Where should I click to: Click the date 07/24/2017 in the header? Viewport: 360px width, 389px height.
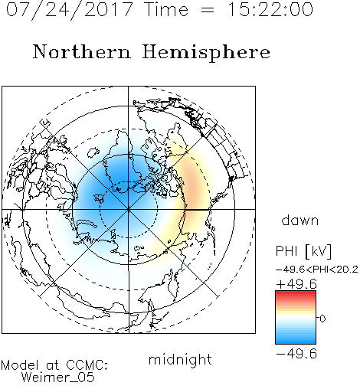point(70,10)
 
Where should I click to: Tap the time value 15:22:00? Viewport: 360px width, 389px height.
point(270,9)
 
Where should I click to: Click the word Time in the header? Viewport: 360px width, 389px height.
point(166,9)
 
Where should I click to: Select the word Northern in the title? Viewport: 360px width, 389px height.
point(82,51)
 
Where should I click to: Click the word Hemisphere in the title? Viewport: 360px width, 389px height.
point(206,53)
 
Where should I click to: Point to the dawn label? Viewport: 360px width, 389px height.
point(300,220)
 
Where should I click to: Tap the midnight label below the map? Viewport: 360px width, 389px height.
point(180,359)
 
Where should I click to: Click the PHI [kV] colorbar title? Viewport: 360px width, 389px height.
point(303,251)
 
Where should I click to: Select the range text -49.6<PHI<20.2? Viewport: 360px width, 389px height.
point(316,270)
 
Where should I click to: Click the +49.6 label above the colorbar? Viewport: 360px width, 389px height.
point(296,284)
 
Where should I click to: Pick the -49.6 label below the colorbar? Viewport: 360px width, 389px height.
point(296,354)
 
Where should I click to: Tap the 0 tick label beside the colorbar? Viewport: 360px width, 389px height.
point(322,319)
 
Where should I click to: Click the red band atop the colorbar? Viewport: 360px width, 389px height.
point(296,294)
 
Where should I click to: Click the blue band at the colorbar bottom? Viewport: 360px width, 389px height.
point(296,340)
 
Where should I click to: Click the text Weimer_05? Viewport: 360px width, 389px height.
point(58,378)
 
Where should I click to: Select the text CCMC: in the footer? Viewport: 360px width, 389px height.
point(87,365)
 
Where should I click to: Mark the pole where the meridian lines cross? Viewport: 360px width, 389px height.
point(129,209)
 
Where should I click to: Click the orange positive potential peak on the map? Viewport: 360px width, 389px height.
point(193,181)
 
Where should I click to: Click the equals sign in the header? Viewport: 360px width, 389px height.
point(208,10)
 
